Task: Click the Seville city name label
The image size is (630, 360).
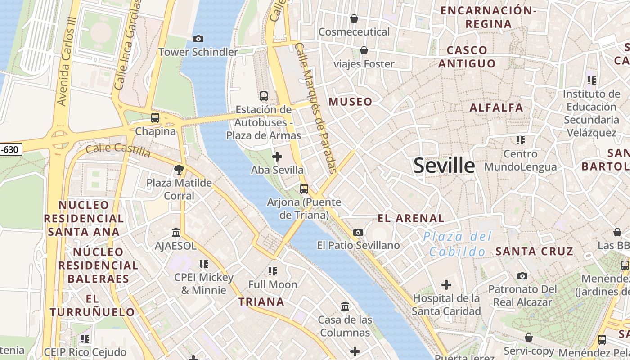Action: point(444,166)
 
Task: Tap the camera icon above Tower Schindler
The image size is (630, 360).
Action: point(198,39)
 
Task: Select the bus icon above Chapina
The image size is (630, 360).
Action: point(155,118)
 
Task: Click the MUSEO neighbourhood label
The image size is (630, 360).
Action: point(351,102)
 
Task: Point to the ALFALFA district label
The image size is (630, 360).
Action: point(496,108)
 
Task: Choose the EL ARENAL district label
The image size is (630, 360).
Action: point(411,219)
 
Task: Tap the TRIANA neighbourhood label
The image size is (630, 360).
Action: point(261,301)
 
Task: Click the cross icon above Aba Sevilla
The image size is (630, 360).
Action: point(277,157)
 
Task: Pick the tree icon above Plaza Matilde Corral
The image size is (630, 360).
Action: point(179,170)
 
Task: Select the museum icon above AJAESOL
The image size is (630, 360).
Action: point(176,233)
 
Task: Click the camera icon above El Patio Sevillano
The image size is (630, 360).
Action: point(358,232)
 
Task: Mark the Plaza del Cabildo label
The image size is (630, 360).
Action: point(457,243)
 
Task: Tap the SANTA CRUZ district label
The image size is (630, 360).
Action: point(535,251)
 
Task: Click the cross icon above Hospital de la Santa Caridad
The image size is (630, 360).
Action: point(446,285)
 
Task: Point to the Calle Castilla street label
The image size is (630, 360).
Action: point(118,150)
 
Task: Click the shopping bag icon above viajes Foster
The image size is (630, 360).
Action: point(364,50)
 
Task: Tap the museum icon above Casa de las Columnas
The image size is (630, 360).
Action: point(345,306)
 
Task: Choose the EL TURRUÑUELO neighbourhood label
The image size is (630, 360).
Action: point(92,305)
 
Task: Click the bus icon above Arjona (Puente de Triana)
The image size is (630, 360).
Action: point(304,189)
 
